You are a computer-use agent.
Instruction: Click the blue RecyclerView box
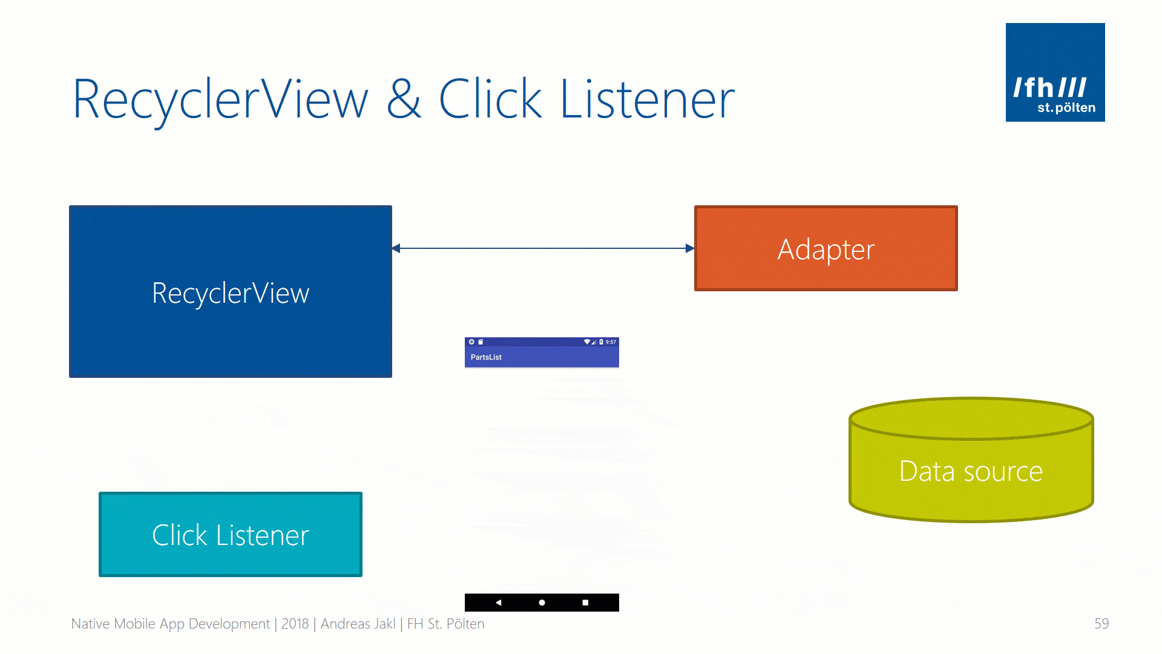tap(230, 291)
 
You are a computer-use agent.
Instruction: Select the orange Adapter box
tap(826, 248)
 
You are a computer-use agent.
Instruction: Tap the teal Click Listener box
tap(230, 534)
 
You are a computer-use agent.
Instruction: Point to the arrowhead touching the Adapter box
tap(689, 248)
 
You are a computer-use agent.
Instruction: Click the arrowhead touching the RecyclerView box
tap(396, 248)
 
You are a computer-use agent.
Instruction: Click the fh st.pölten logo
tap(1055, 72)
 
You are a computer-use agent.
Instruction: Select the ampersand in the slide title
tap(403, 99)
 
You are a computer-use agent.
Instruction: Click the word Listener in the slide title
tap(647, 99)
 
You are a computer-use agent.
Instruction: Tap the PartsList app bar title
tap(486, 357)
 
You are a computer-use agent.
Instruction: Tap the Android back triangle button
tap(498, 603)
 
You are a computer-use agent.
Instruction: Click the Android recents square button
tap(585, 603)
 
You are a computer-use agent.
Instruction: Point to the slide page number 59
tap(1101, 624)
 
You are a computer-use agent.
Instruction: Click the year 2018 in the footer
tap(295, 624)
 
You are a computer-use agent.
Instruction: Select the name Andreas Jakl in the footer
tap(358, 624)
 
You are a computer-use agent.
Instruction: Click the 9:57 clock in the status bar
tap(611, 342)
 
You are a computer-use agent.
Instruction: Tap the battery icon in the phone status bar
tap(601, 342)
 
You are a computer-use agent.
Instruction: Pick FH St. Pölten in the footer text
tap(445, 624)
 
